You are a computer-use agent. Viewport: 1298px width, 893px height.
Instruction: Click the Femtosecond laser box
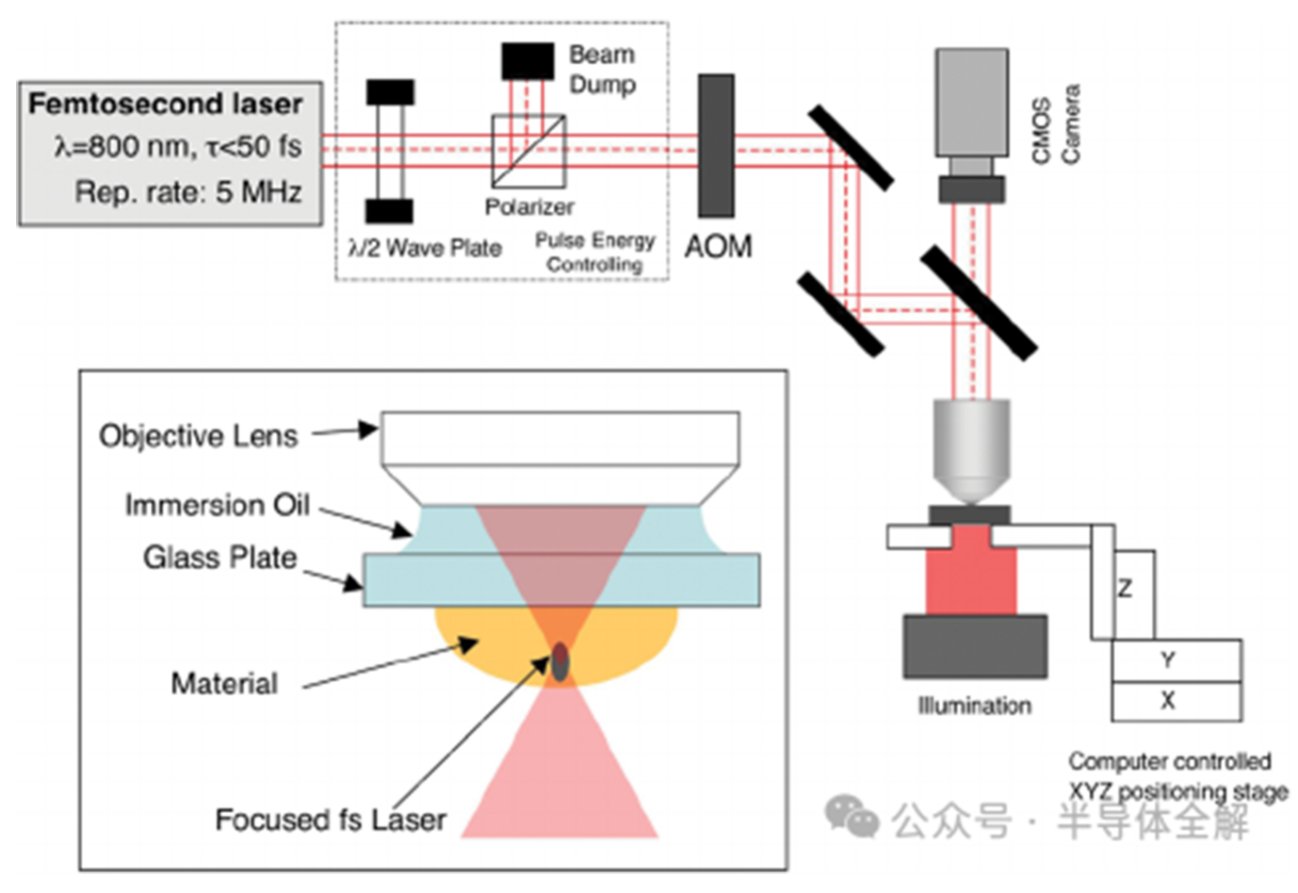pos(170,154)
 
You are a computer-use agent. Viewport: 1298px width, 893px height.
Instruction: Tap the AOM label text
pos(718,247)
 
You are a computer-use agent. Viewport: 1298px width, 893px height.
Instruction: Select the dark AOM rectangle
pos(716,146)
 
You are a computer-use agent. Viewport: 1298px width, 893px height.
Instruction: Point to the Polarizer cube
pos(528,151)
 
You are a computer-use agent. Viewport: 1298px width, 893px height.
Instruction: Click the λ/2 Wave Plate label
pos(425,249)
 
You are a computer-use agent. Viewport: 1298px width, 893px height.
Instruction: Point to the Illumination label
pos(974,706)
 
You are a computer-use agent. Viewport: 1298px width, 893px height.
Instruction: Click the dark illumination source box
pos(975,646)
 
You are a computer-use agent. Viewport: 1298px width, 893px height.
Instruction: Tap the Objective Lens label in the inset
pos(198,436)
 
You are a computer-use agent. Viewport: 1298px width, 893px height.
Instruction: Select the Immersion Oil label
pos(217,505)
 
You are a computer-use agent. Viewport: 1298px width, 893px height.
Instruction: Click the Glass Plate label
pos(219,558)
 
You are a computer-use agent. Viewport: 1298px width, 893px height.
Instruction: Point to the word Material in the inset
pos(224,683)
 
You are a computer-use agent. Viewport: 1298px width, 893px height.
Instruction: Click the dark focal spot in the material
pos(560,660)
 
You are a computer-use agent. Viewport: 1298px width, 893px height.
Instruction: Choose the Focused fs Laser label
pos(331,820)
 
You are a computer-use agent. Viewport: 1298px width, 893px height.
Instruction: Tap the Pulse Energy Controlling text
pos(594,252)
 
